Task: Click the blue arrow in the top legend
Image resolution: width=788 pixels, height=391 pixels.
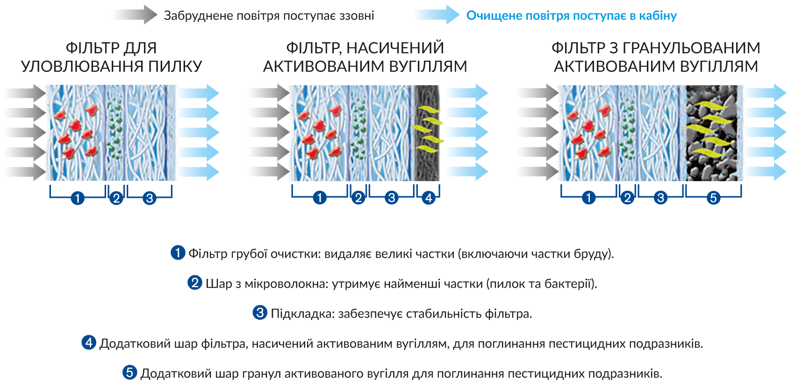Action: (x=437, y=15)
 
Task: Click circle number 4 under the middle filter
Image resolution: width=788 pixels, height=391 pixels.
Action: (x=429, y=197)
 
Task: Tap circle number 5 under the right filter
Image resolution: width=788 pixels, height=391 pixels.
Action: (x=713, y=197)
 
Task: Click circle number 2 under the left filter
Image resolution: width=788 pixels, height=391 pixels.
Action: (x=116, y=198)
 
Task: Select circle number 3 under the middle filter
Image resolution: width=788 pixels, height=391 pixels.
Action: (x=392, y=197)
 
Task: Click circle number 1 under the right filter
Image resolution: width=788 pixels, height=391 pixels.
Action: (x=588, y=197)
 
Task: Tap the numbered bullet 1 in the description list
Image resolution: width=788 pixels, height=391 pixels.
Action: (x=178, y=253)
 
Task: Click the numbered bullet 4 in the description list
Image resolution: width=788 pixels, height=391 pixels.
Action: (x=89, y=342)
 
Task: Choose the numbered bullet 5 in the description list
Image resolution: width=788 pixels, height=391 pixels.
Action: (x=130, y=372)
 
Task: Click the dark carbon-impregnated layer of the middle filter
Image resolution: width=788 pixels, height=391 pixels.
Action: (x=427, y=133)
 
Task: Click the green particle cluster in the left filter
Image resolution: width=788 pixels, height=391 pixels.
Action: (x=115, y=129)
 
